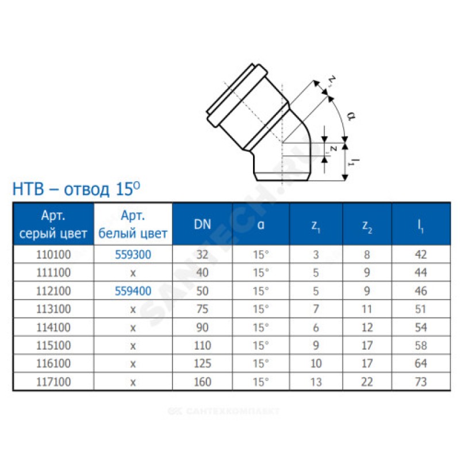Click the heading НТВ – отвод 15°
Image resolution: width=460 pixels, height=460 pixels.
[x=76, y=189]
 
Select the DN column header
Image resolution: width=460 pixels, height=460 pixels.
[x=202, y=224]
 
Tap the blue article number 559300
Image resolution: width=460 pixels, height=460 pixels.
[x=133, y=254]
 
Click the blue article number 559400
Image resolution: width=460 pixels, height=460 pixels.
[x=133, y=291]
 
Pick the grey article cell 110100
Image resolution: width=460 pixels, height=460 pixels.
[x=53, y=254]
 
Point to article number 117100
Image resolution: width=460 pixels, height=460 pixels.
[x=53, y=382]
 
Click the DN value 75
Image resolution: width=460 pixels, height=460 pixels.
[x=202, y=309]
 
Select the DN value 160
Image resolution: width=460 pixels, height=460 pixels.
[x=202, y=382]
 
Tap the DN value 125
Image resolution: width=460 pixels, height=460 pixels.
[x=202, y=363]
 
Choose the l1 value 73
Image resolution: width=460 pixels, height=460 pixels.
[x=421, y=382]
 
